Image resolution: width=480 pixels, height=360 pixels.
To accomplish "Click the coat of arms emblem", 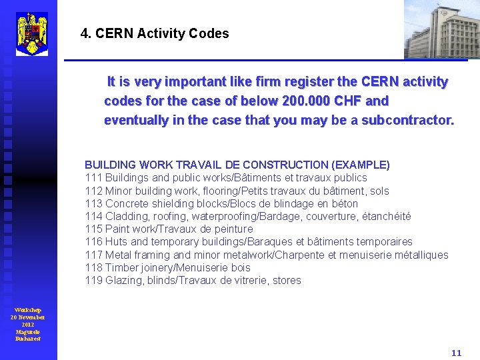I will pos(31,33).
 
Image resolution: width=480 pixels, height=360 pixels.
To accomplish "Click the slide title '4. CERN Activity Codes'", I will pos(154,33).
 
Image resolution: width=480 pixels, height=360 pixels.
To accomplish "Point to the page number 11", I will pos(456,353).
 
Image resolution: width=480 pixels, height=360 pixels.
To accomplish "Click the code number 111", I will pos(93,177).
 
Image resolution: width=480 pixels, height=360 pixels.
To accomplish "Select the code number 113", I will pos(93,203).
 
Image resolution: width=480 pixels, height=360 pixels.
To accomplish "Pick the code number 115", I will pos(93,229).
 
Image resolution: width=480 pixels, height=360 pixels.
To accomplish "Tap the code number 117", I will pos(93,255).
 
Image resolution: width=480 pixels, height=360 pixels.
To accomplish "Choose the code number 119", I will pos(93,280).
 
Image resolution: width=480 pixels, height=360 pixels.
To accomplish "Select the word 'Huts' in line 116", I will pos(117,241).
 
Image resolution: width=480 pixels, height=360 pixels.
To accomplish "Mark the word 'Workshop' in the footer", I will pos(28,310).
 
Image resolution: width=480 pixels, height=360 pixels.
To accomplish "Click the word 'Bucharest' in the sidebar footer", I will pos(28,339).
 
